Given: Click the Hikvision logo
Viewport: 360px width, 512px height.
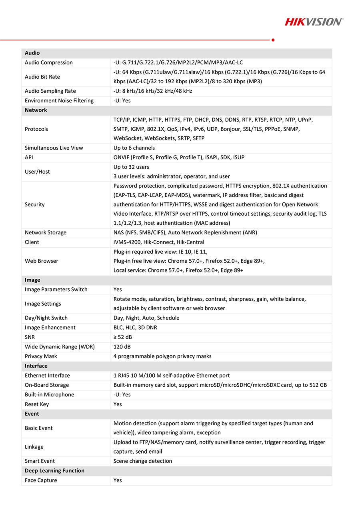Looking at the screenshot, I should [314, 22].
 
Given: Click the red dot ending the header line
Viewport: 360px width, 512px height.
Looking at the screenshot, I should [273, 40].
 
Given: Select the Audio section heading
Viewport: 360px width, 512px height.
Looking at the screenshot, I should [32, 53].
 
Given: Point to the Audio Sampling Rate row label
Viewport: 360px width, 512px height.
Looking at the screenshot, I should [50, 91].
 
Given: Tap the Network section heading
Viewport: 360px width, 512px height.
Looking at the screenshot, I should [36, 110].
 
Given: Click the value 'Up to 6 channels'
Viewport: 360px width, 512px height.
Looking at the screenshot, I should [134, 148].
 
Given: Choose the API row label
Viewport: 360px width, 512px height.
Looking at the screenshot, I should [29, 157].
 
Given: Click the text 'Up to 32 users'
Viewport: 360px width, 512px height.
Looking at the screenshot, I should [131, 167].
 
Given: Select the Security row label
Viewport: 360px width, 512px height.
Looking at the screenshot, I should [35, 204].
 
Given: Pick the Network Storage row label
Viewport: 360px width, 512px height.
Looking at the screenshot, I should [46, 232].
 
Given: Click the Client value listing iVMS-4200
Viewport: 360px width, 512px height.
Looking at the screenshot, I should [159, 242].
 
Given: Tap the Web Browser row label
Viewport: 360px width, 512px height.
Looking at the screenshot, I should [42, 261].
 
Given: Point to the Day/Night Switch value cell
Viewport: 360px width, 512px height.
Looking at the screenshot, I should [146, 318].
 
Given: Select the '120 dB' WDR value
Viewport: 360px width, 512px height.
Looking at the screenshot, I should [122, 347].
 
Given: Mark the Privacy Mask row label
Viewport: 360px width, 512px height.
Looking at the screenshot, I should [41, 356].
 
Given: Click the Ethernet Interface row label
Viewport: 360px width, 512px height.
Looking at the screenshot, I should [47, 376].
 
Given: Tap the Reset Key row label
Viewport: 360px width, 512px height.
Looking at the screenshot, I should [37, 404].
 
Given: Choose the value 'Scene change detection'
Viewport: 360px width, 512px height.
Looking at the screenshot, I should [143, 461].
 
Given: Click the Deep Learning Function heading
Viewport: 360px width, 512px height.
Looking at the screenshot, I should [54, 471].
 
